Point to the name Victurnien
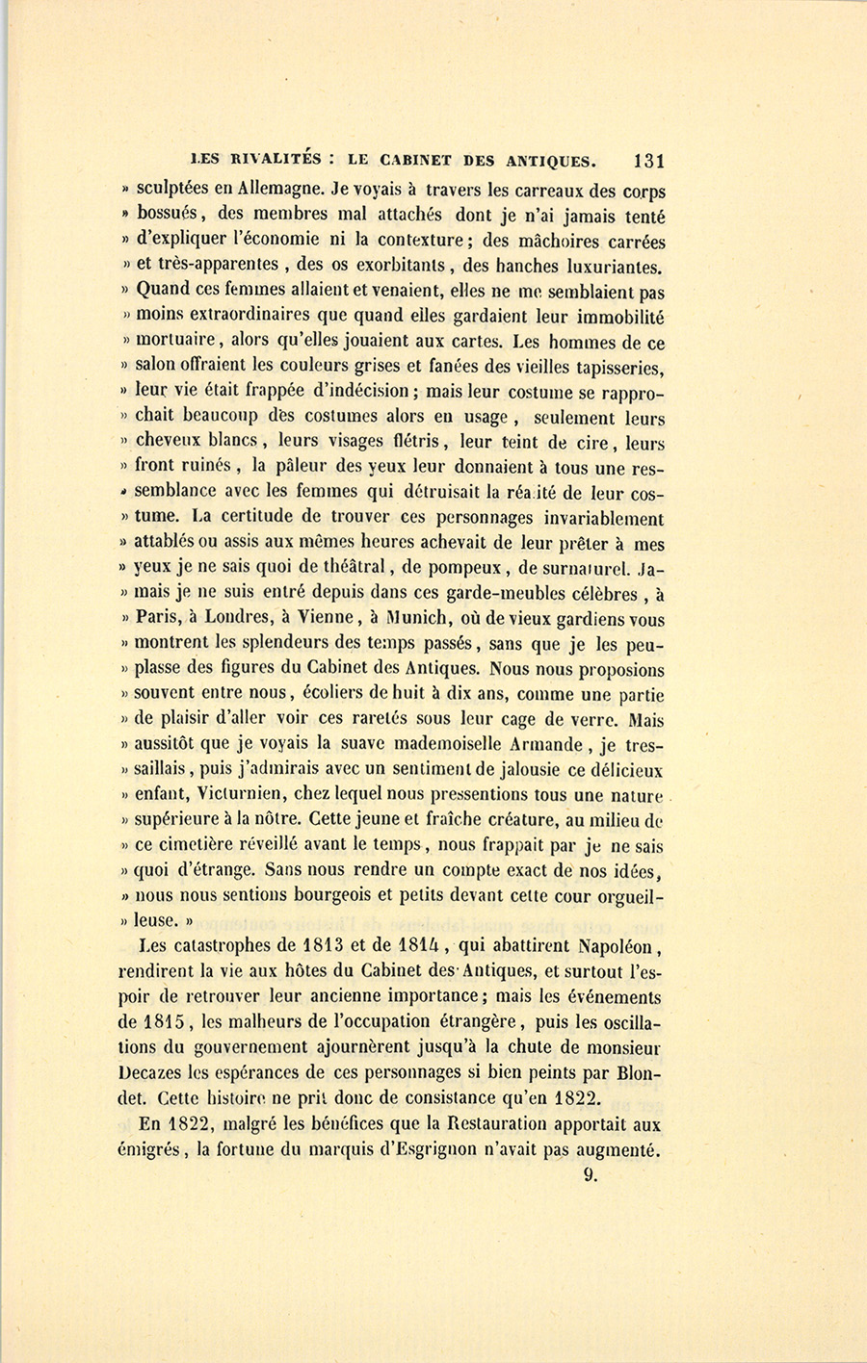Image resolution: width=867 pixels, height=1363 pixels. pyautogui.click(x=238, y=795)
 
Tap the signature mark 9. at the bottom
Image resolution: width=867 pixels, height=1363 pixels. pyautogui.click(x=591, y=1174)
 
